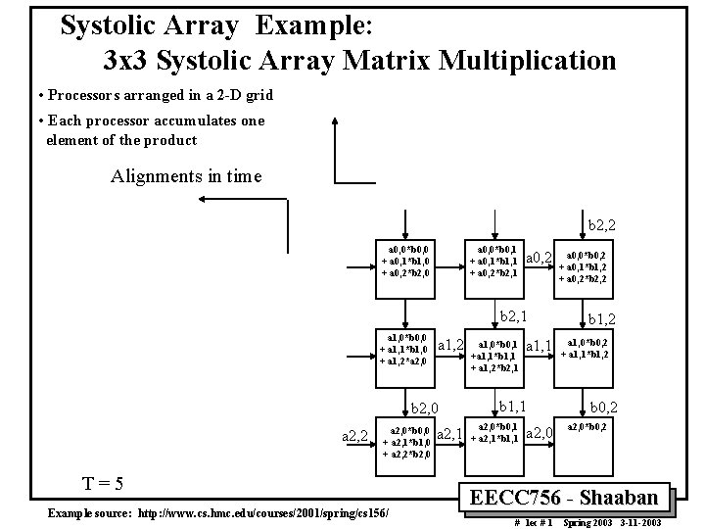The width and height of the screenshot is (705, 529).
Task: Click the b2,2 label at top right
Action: (x=608, y=225)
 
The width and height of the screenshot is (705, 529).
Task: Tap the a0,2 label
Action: (x=539, y=259)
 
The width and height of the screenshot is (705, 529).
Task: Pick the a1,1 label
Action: (x=539, y=346)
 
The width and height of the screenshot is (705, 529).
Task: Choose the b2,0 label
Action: (x=428, y=408)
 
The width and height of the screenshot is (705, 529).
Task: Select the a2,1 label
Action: (x=447, y=434)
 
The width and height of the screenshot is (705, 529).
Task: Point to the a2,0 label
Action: (x=540, y=432)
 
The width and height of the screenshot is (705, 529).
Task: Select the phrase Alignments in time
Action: (x=186, y=176)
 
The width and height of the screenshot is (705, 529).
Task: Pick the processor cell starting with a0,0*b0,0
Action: (x=406, y=261)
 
